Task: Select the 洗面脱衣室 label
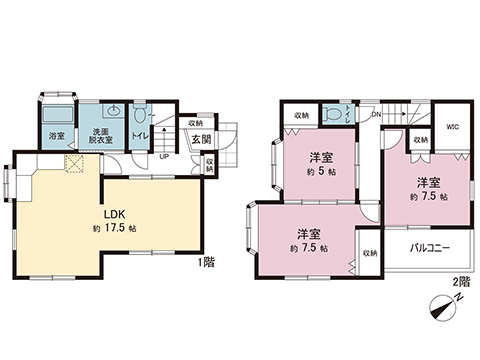pos(102,136)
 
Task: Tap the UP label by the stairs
pos(163,156)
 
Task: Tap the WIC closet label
pos(452,128)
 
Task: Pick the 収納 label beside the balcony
pos(369,252)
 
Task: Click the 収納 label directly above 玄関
pos(195,124)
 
